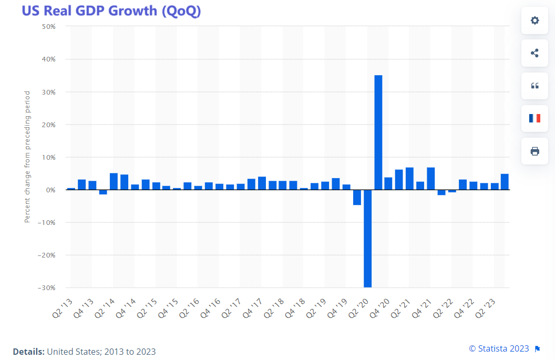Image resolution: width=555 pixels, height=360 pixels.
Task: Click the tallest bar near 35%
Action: point(378,132)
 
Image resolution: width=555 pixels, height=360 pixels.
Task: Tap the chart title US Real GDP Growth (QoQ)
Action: point(111,11)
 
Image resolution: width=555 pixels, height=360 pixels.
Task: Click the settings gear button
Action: point(535,20)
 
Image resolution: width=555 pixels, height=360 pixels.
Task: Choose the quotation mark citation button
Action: point(535,86)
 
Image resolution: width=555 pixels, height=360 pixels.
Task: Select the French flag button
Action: point(535,118)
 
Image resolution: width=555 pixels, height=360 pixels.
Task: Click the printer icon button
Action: point(535,151)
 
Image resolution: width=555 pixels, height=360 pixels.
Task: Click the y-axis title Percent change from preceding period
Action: point(27,156)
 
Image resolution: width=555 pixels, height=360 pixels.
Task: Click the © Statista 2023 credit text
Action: point(499,348)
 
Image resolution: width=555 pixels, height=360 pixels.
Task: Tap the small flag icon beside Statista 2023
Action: point(537,348)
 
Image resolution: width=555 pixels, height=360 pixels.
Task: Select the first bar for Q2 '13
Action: point(71,189)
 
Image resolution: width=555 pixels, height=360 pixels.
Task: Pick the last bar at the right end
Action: point(505,182)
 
